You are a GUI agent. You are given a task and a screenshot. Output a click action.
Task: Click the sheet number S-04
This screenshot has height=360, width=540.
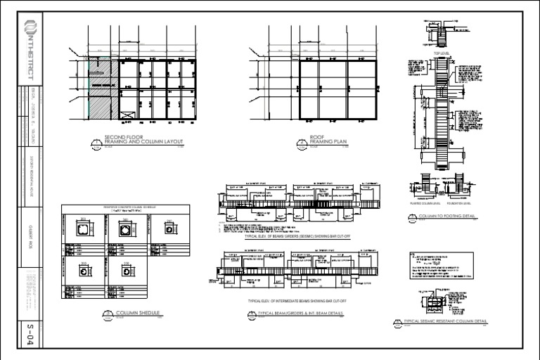[x=30, y=331]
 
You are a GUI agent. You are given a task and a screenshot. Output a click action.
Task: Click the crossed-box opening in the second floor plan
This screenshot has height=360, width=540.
[x=127, y=115]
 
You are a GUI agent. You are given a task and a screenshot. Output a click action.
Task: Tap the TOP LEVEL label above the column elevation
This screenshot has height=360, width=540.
[x=441, y=53]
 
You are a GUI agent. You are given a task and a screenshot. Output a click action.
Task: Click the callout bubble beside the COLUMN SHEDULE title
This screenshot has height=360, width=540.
[x=107, y=314]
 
